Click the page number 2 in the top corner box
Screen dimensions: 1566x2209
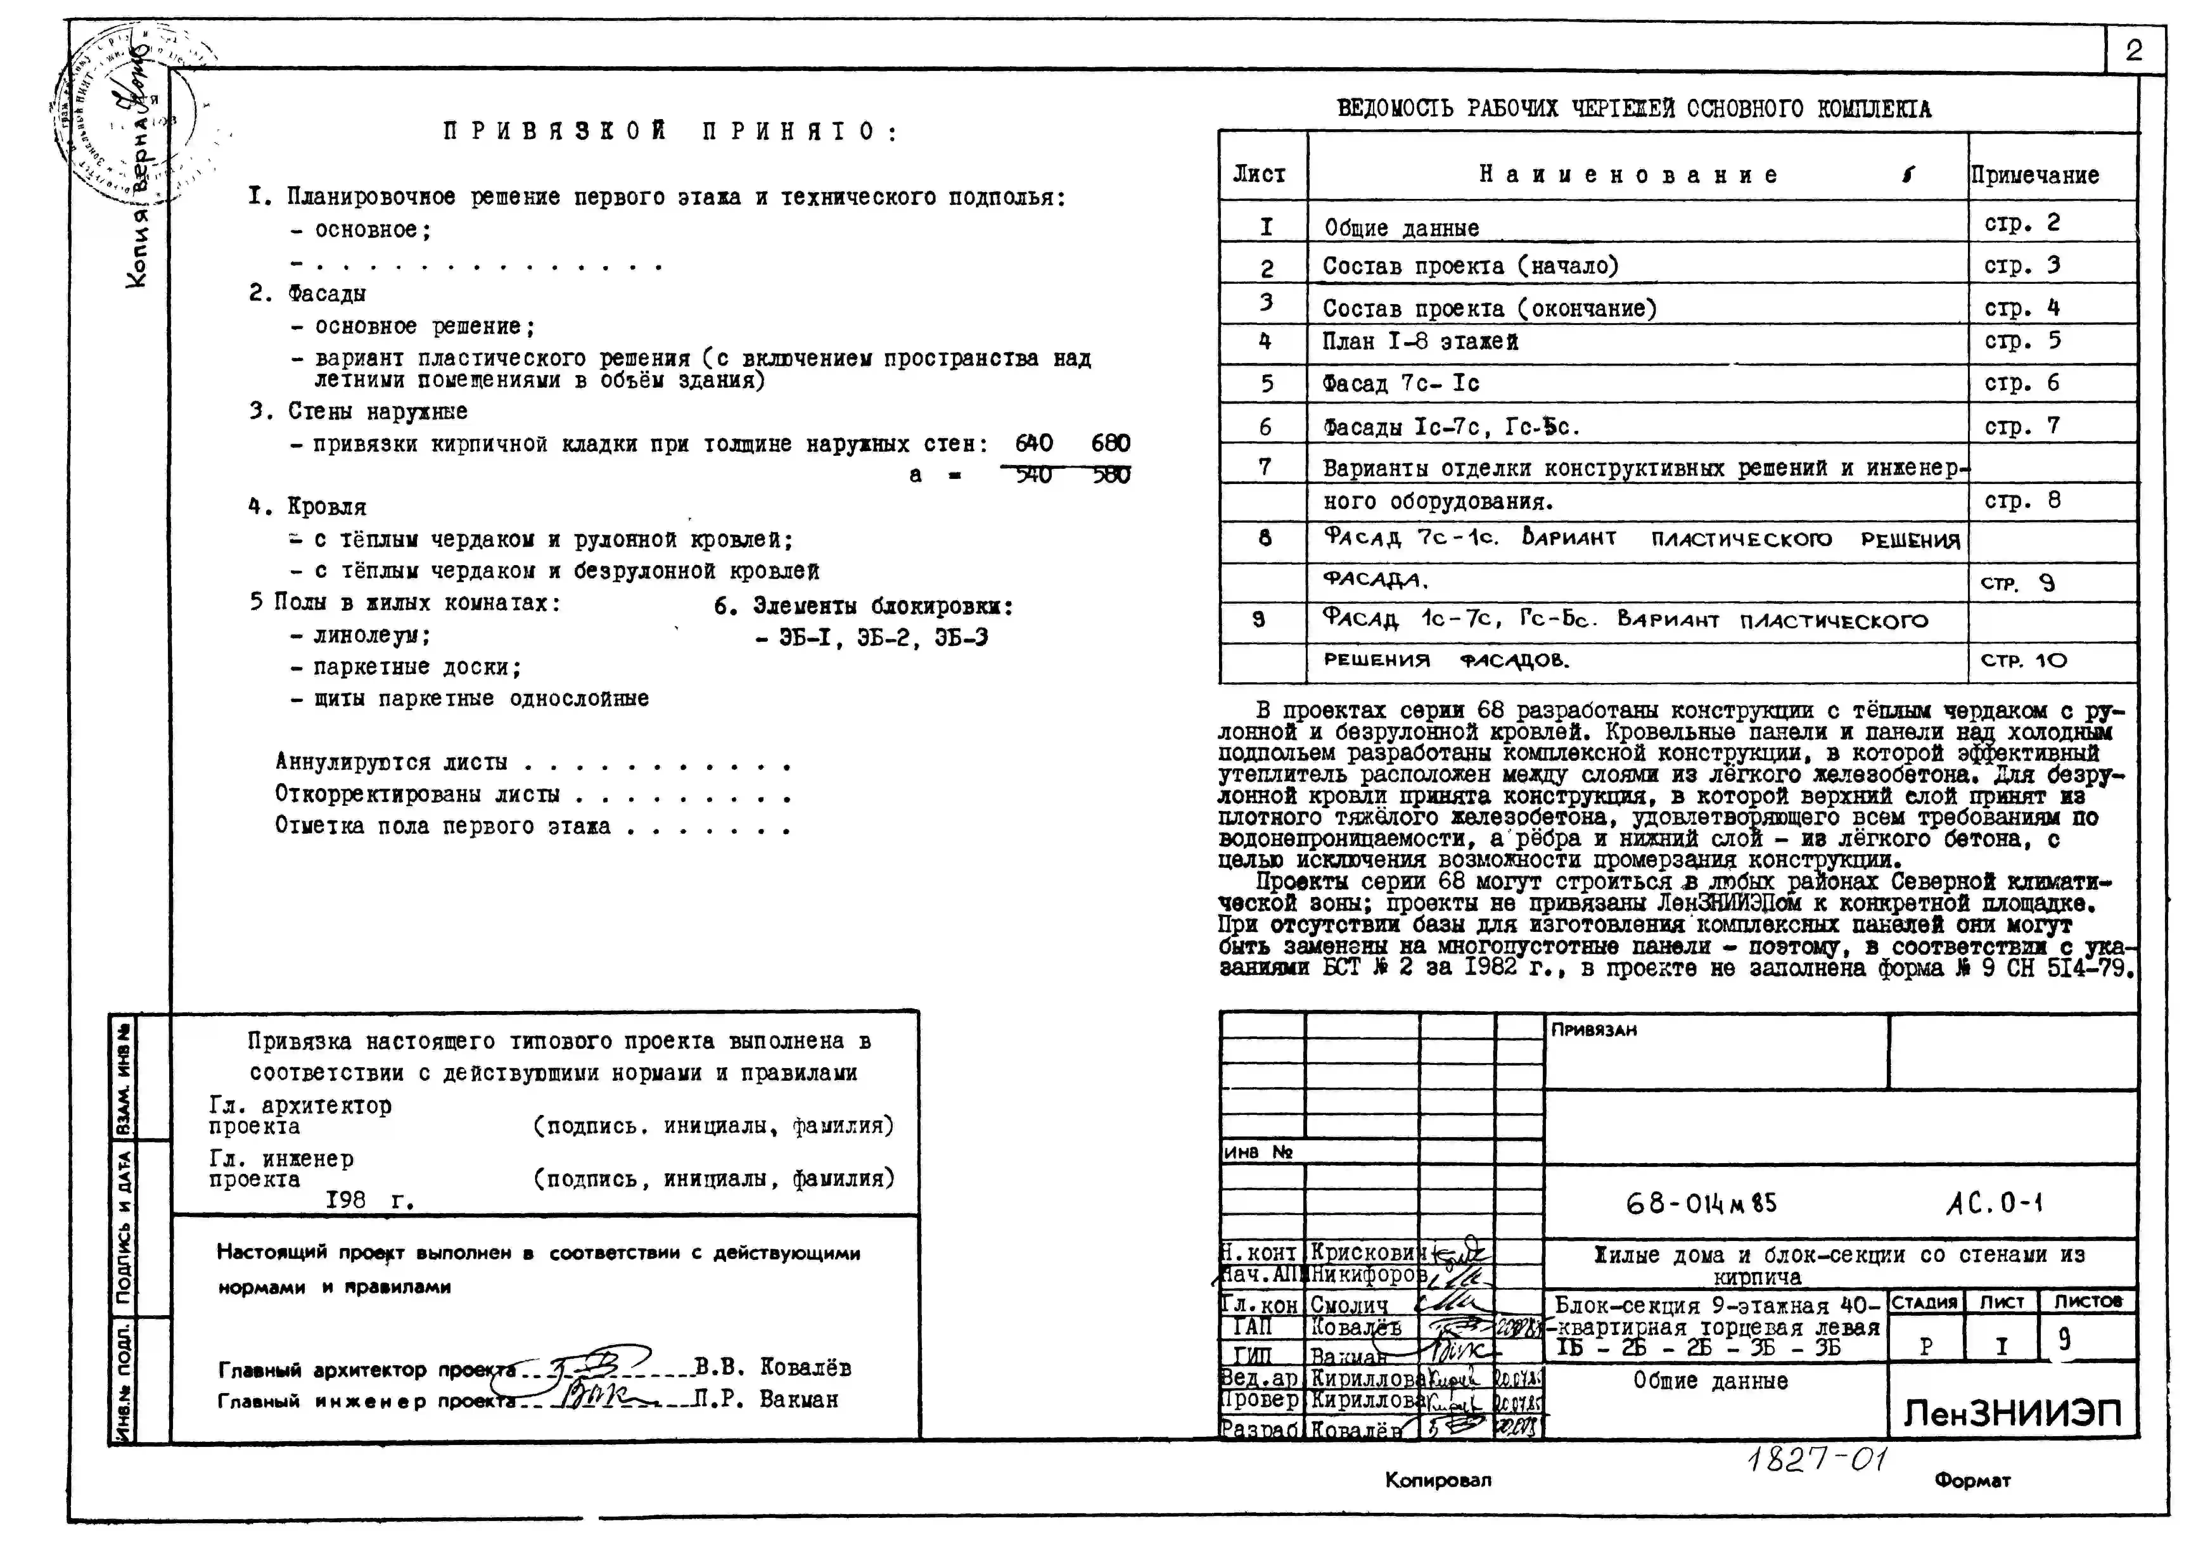[2134, 50]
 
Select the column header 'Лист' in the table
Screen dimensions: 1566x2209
[1259, 175]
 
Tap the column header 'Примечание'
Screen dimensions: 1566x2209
[2034, 175]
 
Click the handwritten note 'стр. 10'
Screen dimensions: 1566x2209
[2024, 660]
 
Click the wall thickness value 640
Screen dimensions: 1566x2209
[1034, 443]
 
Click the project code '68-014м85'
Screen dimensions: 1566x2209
[1701, 1203]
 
